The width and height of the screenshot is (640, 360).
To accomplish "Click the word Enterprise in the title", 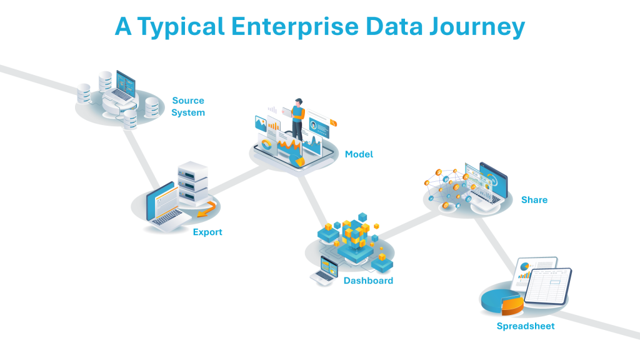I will point(296,27).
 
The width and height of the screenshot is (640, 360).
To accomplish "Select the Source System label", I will point(188,106).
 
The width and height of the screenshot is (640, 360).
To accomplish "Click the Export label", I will point(207,232).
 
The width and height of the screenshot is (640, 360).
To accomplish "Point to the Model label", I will point(359,154).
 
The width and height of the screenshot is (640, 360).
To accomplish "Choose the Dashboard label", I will point(368,281).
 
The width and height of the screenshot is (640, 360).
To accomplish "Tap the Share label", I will point(534,200).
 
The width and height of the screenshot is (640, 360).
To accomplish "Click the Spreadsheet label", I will point(526,326).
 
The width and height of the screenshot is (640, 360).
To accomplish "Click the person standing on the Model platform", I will point(298,119).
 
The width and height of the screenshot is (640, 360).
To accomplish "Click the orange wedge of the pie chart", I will point(512,306).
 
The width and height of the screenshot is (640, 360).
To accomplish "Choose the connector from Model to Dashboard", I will point(312,197).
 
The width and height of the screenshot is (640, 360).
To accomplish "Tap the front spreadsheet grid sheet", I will point(547,287).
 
